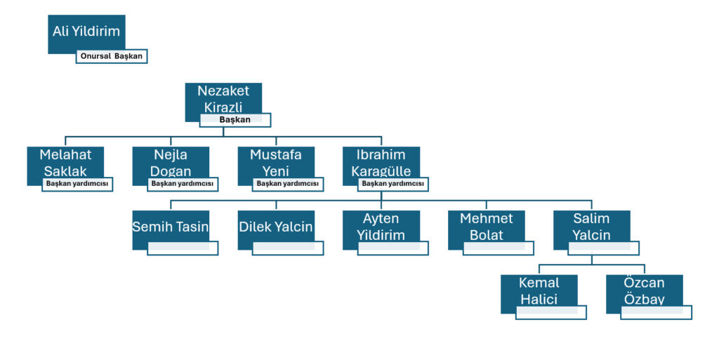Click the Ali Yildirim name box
click(86, 32)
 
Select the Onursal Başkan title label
click(112, 56)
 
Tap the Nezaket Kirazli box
click(223, 98)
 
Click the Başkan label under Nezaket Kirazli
click(235, 120)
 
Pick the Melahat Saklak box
click(65, 161)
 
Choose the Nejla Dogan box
click(171, 161)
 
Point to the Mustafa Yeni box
click(276, 161)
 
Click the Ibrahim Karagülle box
click(381, 161)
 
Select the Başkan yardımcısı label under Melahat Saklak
click(77, 185)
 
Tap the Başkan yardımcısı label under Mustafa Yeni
click(288, 185)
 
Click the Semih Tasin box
click(171, 226)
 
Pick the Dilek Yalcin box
click(276, 226)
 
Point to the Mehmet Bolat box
click(487, 226)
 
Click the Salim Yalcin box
click(591, 226)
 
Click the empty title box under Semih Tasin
click(183, 248)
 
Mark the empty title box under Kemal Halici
click(550, 312)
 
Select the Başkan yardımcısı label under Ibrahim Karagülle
click(393, 185)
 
